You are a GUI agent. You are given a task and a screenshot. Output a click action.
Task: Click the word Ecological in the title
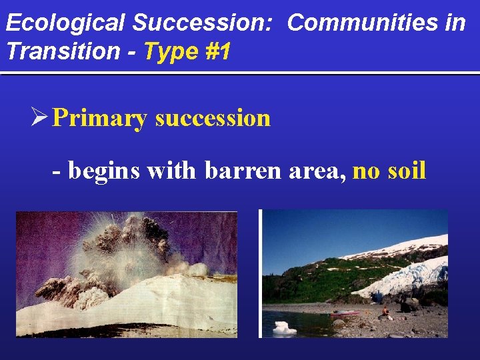coord(65,23)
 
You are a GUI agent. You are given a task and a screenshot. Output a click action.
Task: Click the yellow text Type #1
coord(186,51)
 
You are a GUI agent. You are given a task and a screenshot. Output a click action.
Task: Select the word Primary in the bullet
coord(100,118)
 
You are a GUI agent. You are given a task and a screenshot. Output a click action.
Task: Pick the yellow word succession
coord(213,118)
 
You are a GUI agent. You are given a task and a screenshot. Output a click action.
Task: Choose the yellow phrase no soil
coord(389,171)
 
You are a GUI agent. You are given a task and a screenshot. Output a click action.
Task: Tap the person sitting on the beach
coord(385,311)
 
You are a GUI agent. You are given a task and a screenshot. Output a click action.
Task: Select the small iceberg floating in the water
coord(284,327)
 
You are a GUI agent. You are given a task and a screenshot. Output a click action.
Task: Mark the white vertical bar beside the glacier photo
coord(259,273)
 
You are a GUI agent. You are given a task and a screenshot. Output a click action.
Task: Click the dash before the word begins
coord(57,172)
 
